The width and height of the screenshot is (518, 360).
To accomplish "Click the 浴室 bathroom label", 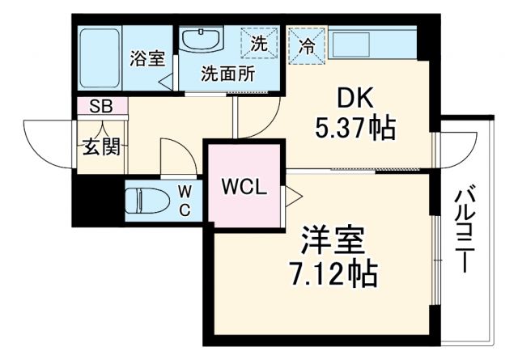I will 147,58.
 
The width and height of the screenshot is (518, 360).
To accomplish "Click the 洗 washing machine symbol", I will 258,44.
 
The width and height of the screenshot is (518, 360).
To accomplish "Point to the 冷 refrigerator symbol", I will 308,45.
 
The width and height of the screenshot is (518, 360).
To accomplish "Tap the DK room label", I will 353,99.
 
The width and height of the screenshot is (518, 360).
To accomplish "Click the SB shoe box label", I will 100,106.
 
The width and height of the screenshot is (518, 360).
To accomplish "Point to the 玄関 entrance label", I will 100,146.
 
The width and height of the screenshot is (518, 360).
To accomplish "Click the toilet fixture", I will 146,200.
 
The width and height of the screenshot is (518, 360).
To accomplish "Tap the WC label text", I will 185,201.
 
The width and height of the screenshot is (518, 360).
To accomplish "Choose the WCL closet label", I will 244,187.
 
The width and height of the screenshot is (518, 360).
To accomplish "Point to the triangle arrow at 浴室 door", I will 166,82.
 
